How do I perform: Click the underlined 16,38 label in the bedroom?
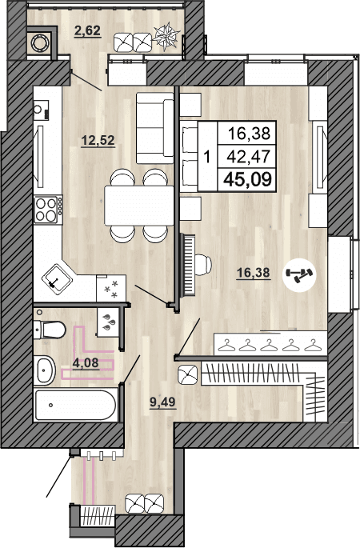(254, 273)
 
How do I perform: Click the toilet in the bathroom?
(51, 329)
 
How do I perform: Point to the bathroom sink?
(46, 370)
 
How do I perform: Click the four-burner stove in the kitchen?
(48, 210)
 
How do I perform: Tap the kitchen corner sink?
(57, 277)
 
